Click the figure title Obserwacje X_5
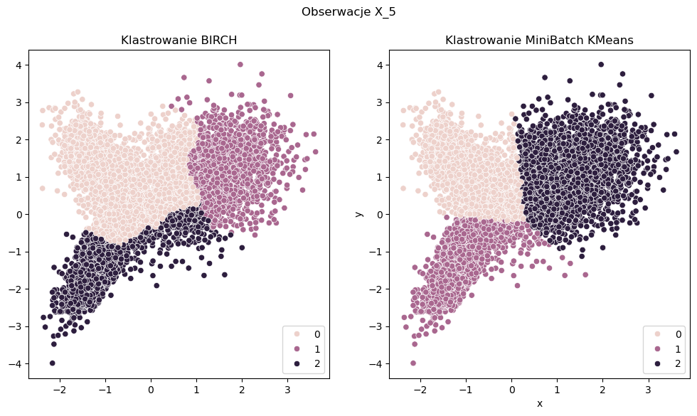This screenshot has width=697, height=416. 348,12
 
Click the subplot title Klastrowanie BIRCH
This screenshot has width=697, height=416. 179,41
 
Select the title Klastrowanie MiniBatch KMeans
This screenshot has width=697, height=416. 539,41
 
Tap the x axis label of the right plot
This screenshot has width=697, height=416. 539,404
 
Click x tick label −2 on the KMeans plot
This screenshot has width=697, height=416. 418,390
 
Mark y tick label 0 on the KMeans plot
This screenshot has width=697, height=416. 381,214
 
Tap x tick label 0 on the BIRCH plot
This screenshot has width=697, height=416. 151,390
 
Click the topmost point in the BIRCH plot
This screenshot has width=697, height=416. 240,64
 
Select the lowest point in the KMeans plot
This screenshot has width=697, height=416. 413,363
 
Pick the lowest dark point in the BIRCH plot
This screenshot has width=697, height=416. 53,363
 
